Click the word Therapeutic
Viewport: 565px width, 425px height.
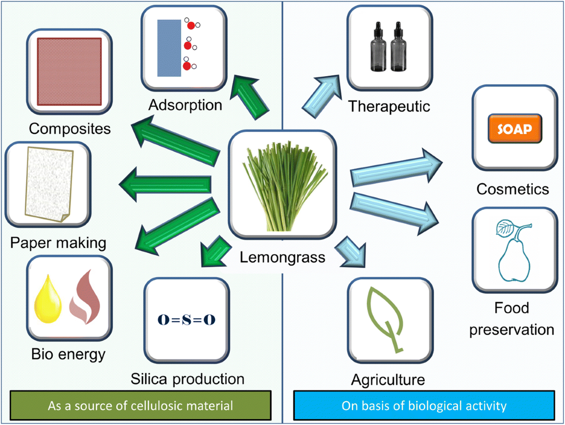pos(389,106)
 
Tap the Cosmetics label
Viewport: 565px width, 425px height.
pos(513,189)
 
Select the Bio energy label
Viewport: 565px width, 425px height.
pos(69,354)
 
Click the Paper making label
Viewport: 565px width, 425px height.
pos(58,243)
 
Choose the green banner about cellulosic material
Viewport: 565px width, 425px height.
pos(140,405)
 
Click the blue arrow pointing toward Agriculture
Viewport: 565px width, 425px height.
pos(352,250)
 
